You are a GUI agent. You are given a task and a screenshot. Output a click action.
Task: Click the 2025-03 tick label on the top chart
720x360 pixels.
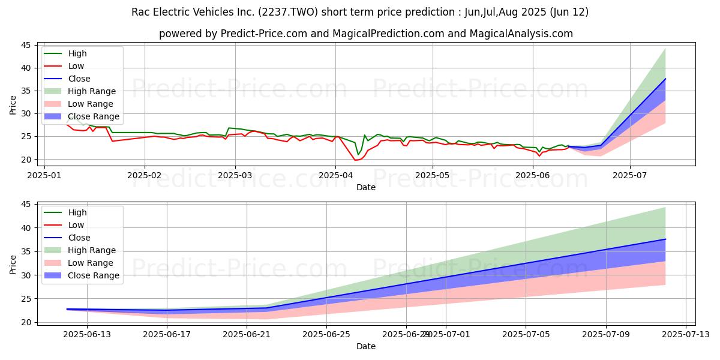(235, 175)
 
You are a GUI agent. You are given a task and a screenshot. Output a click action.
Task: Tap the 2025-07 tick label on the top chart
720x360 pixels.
(630, 175)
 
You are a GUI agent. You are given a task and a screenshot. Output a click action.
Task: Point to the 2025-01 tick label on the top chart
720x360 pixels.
(45, 175)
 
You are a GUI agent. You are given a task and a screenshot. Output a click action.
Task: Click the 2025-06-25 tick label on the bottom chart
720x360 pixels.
(326, 334)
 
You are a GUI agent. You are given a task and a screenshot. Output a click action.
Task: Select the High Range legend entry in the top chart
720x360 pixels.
(92, 91)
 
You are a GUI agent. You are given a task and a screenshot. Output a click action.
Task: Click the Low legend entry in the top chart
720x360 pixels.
(76, 66)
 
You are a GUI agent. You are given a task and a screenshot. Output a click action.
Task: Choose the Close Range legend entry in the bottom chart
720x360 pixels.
(94, 275)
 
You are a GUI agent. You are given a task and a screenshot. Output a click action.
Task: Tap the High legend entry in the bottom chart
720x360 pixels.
(77, 212)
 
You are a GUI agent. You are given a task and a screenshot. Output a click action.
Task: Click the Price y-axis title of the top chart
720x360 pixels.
(13, 104)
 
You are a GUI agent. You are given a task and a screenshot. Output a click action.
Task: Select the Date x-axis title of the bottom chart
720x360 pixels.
(366, 346)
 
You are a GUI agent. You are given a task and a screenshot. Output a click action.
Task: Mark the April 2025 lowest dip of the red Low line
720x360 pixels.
(355, 160)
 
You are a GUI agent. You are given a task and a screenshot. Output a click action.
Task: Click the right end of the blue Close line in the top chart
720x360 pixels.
(665, 79)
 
